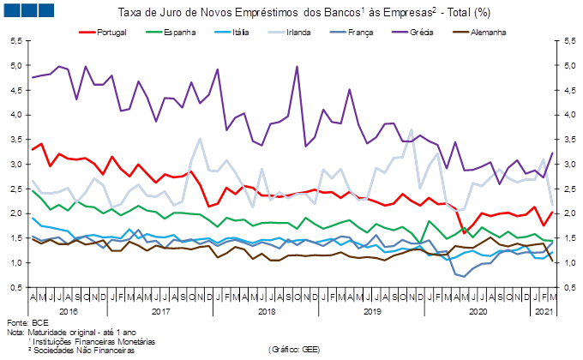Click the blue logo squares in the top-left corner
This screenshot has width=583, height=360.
[x=29, y=11]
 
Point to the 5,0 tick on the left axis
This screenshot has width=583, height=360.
[x=16, y=66]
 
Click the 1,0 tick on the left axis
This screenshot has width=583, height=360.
[x=16, y=263]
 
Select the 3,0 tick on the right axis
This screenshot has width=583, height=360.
[x=567, y=165]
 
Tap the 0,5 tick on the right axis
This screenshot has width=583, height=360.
[x=567, y=288]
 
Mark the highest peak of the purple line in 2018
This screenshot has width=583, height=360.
[x=297, y=67]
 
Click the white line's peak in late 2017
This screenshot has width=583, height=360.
[x=201, y=139]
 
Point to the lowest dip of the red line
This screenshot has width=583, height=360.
[x=465, y=232]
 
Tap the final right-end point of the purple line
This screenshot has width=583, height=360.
[x=552, y=152]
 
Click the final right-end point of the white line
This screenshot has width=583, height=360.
[x=552, y=204]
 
